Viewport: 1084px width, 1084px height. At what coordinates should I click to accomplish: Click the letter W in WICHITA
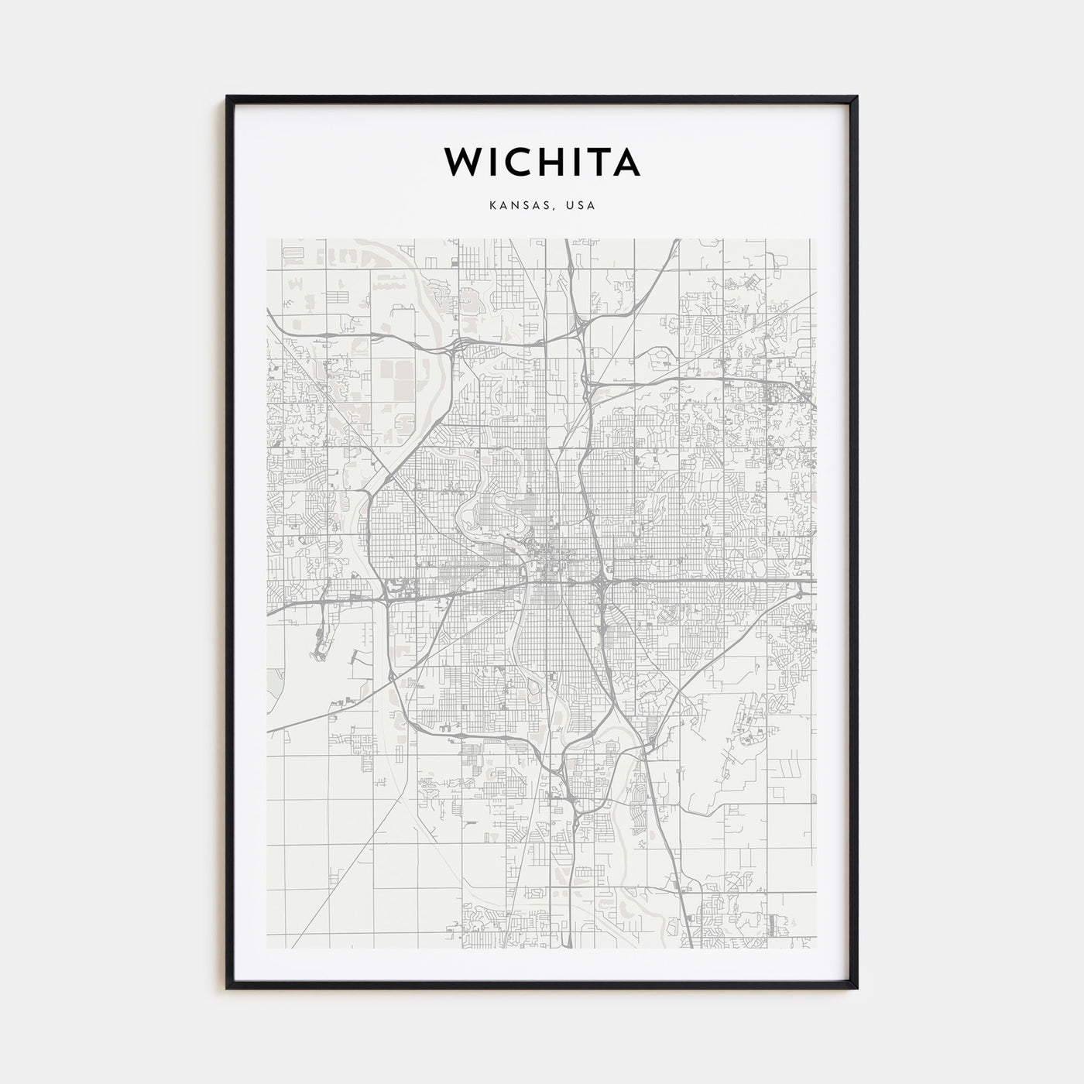[462, 162]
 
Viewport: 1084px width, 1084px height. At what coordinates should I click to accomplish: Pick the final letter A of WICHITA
[626, 162]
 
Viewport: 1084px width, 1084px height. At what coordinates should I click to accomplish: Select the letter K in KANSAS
[492, 206]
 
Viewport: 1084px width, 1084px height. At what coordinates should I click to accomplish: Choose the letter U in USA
[570, 206]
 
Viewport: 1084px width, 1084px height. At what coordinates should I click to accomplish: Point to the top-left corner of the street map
[268, 239]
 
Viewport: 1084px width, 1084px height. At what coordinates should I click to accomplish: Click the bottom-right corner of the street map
[815, 948]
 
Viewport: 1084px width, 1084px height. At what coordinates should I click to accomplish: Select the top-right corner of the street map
[815, 239]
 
